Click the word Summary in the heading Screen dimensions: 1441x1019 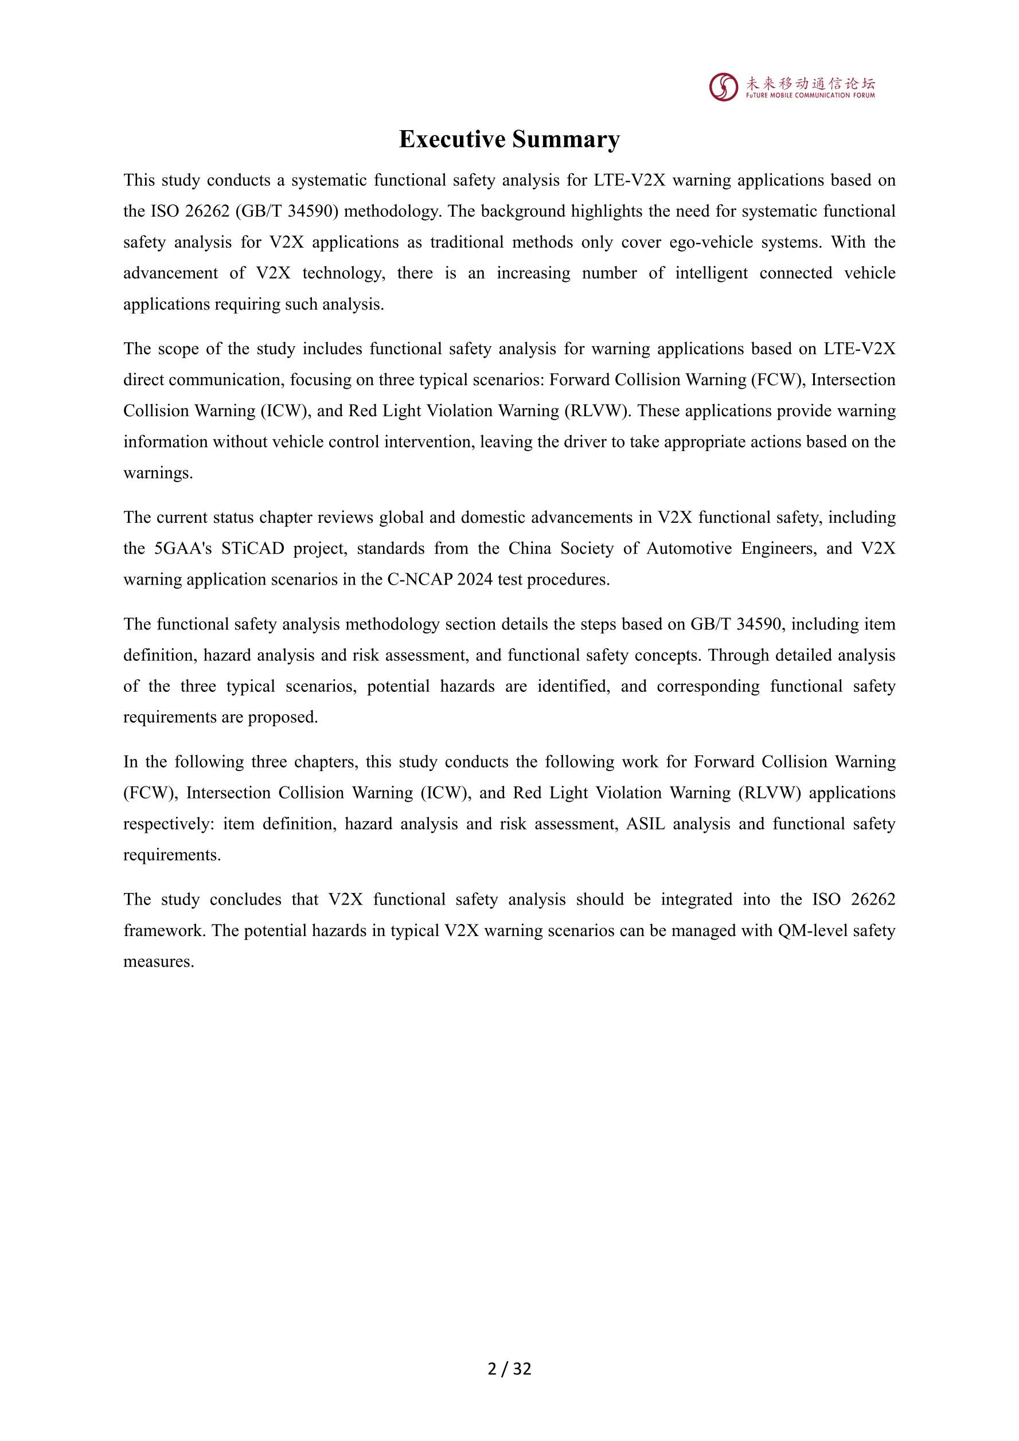(x=567, y=139)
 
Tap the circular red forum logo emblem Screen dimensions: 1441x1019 (x=723, y=87)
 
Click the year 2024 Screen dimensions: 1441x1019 (x=475, y=579)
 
